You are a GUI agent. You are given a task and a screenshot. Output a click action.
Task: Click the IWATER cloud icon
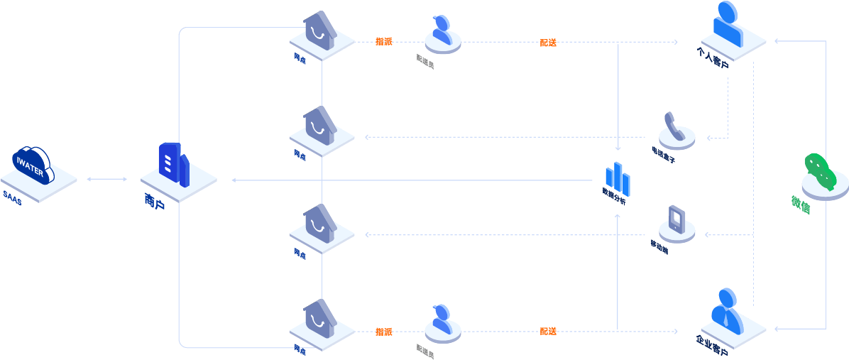(x=32, y=165)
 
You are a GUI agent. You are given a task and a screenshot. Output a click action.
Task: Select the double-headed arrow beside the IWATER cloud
(x=107, y=179)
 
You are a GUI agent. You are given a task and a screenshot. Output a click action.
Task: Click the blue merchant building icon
(x=173, y=165)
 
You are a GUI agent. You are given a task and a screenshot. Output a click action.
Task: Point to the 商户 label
(x=154, y=203)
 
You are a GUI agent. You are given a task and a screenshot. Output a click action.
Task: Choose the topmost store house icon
(x=320, y=32)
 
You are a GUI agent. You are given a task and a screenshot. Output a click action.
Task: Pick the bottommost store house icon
(x=320, y=320)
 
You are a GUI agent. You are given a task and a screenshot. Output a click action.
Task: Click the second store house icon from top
(x=320, y=128)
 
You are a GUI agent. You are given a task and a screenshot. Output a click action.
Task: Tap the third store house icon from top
(x=320, y=225)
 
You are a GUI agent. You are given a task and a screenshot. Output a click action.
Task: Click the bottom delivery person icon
(x=442, y=320)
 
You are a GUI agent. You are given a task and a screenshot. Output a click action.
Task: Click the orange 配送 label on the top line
(x=548, y=42)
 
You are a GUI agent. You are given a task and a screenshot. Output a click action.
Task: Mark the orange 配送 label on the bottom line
(x=548, y=331)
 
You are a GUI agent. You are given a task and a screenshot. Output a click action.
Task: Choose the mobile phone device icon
(x=677, y=221)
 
